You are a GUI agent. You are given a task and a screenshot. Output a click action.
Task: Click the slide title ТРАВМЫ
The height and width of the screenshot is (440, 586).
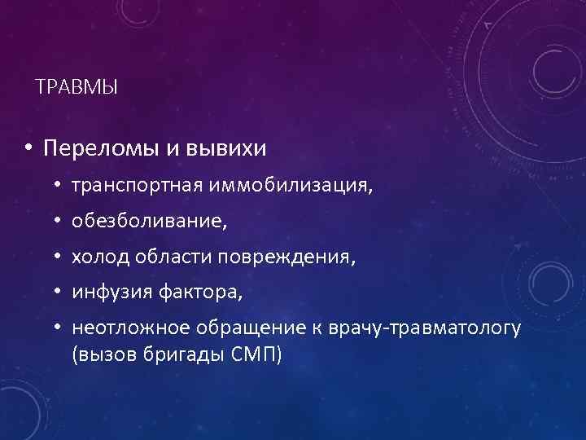pos(77,86)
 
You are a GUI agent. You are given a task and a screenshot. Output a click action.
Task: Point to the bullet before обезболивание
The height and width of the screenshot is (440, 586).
pos(59,222)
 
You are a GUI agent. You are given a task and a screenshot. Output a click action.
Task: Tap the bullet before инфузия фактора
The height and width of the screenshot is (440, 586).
pos(59,291)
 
